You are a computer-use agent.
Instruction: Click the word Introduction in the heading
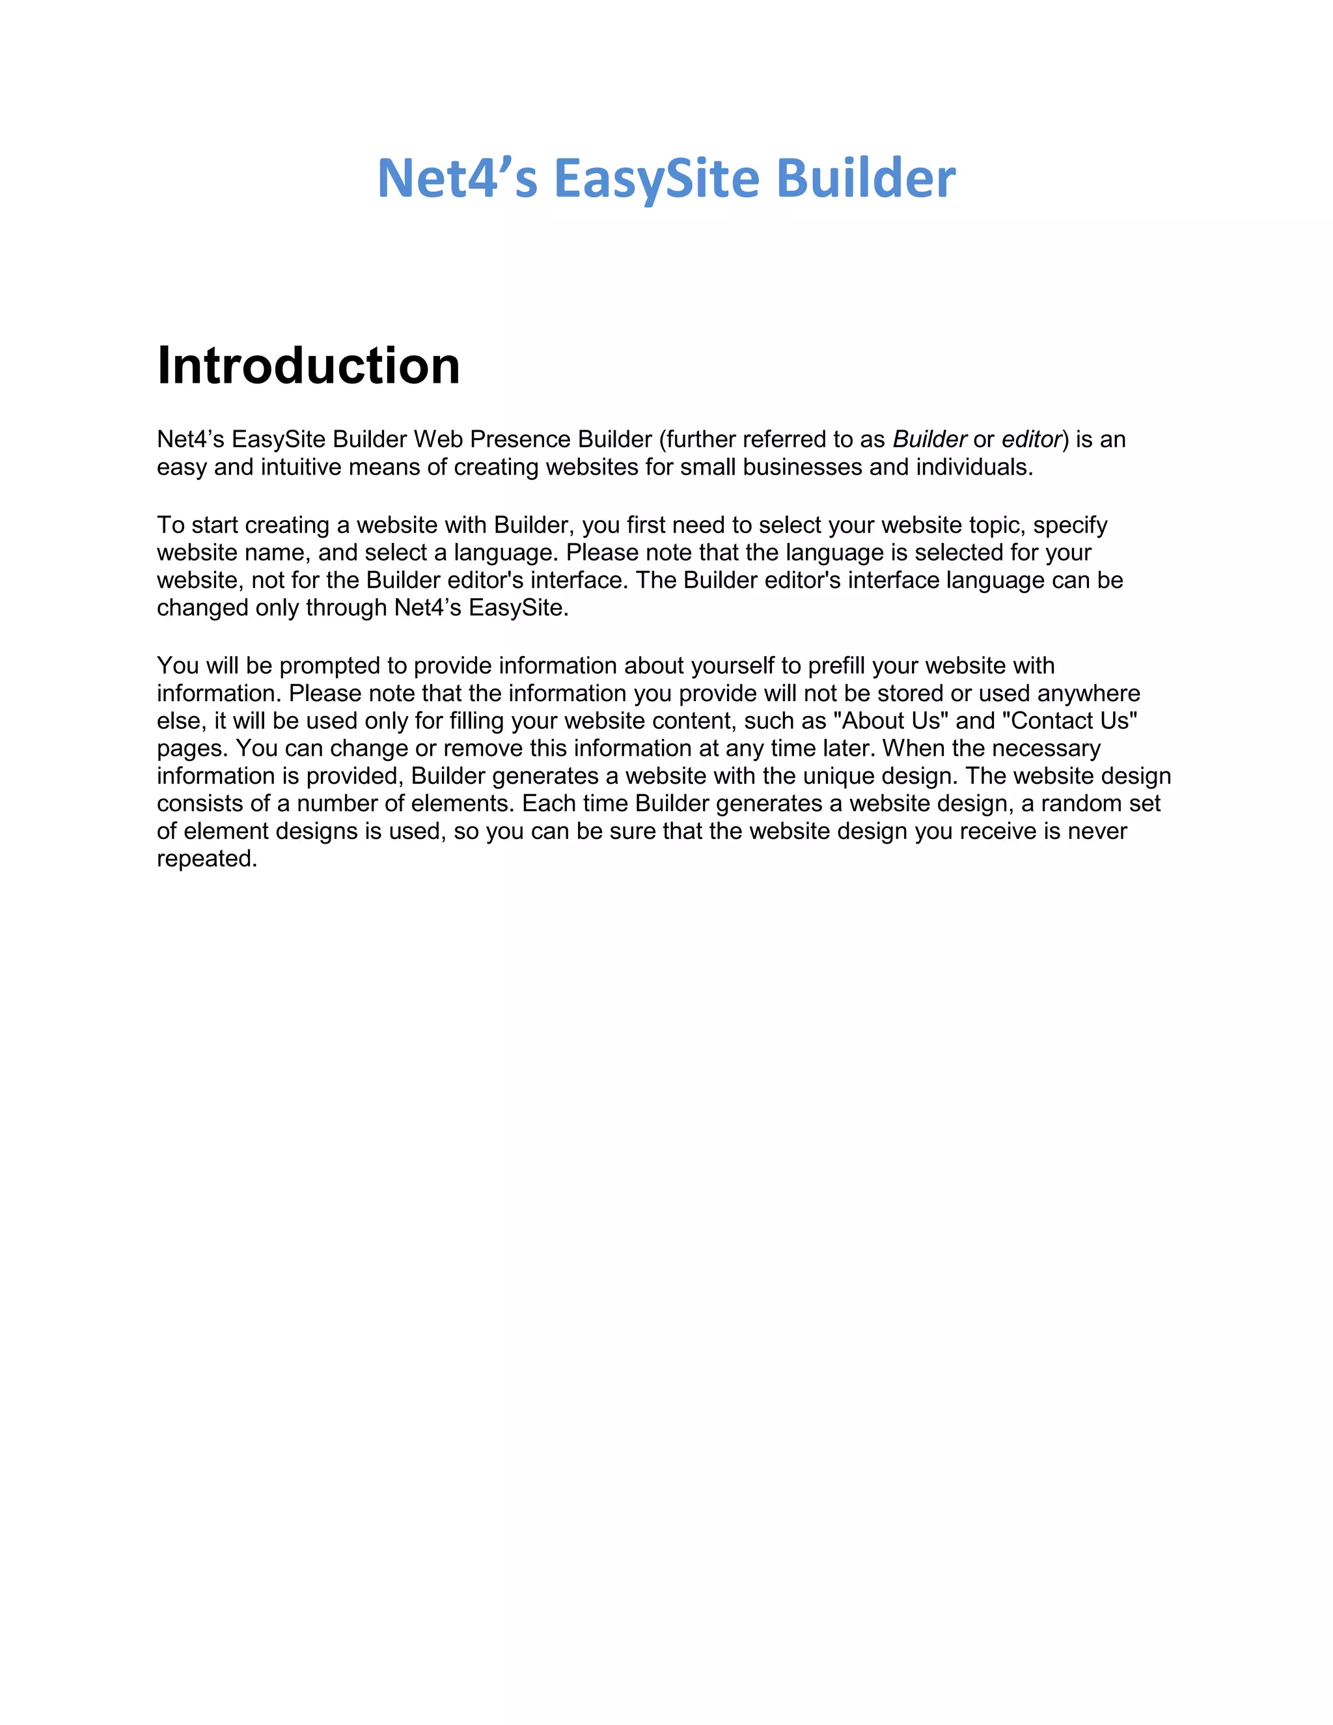[308, 366]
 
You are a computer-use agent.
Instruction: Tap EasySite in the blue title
[656, 178]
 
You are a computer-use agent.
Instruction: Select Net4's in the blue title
[457, 178]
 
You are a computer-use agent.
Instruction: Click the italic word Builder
[929, 439]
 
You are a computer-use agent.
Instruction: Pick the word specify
[1070, 525]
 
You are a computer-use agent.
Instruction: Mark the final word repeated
[207, 859]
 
